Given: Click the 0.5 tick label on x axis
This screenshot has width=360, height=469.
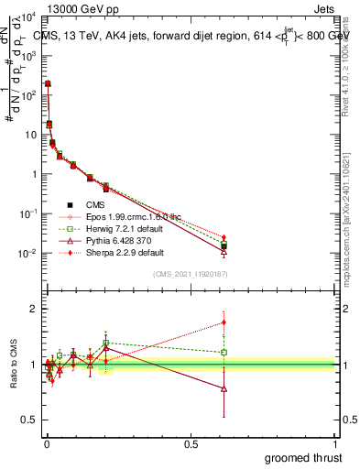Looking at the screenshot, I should coord(191,443).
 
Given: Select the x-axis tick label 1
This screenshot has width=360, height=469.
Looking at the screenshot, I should coord(335,443).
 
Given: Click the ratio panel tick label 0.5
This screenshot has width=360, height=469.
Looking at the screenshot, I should coord(28,420).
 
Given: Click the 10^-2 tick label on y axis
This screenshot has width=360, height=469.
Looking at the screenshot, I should coord(27,254).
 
